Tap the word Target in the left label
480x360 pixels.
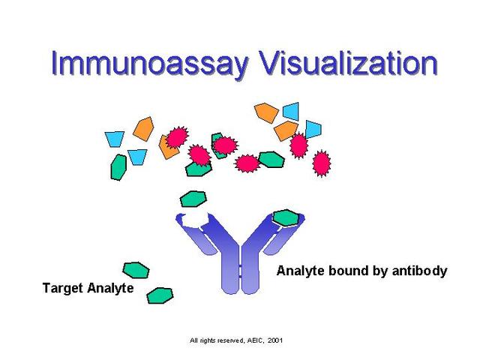(64, 288)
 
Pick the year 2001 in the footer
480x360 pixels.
(274, 340)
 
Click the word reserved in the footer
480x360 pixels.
(226, 340)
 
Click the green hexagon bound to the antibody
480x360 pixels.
(285, 217)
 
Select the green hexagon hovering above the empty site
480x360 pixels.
(193, 199)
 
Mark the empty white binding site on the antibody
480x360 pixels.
(196, 219)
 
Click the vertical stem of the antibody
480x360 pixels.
(240, 270)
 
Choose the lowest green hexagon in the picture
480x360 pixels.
(160, 295)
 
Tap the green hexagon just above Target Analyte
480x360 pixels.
(136, 269)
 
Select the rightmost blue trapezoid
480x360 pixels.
(312, 129)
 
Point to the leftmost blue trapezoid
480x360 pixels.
(114, 139)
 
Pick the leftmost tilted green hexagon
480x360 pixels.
(118, 166)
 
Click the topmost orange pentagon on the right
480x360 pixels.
(266, 112)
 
